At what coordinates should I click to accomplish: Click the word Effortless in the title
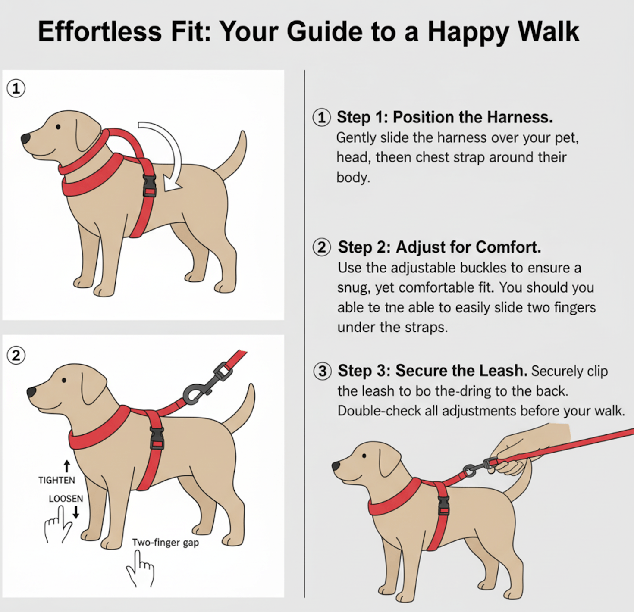[100, 31]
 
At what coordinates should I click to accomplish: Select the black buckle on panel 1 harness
[150, 186]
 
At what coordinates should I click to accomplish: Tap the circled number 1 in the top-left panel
[16, 88]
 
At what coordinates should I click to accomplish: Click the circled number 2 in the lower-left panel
[16, 356]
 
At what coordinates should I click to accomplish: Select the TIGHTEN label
[56, 480]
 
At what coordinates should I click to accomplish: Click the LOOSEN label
[66, 499]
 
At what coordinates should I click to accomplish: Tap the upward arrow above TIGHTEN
[67, 466]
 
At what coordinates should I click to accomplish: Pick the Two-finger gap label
[165, 543]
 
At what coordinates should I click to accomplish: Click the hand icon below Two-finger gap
[141, 568]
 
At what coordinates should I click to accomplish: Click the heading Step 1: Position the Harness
[445, 117]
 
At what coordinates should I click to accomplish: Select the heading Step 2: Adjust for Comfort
[439, 247]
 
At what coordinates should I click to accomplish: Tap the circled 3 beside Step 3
[322, 371]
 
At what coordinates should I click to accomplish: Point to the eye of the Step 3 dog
[364, 456]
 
